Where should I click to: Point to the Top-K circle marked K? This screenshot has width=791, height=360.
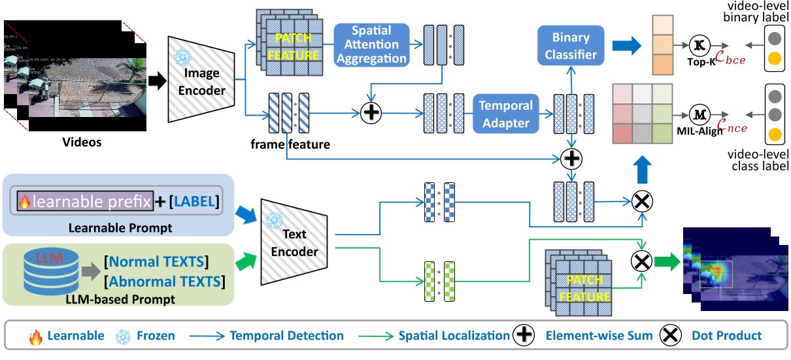[x=700, y=45]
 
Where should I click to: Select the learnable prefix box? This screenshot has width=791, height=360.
[x=85, y=202]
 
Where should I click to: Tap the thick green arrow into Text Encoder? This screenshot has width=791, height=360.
[x=246, y=263]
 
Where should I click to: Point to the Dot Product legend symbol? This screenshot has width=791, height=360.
[x=671, y=336]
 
